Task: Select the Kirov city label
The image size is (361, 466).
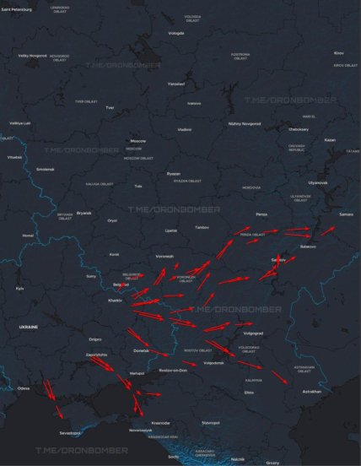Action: (x=339, y=53)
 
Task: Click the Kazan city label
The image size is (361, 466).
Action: (x=330, y=139)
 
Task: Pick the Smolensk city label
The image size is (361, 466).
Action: (x=45, y=168)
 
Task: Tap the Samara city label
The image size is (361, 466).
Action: (x=346, y=214)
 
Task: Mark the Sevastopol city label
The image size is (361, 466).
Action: (x=69, y=432)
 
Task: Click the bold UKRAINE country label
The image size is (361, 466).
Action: (x=29, y=325)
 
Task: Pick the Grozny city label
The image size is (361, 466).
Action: (x=272, y=463)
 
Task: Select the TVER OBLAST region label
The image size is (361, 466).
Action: (x=86, y=101)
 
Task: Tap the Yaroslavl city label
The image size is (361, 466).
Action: (x=175, y=84)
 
